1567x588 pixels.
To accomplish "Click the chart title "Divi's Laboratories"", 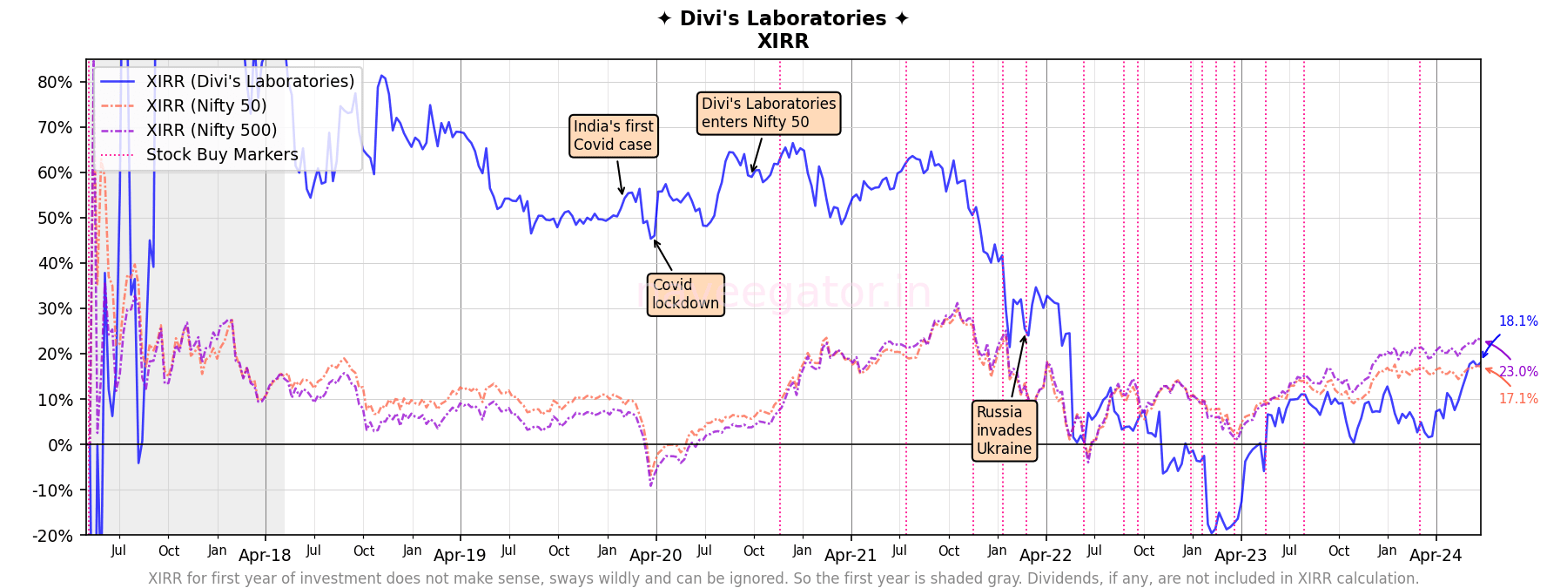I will (783, 18).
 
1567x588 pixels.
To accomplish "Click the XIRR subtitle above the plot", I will (783, 41).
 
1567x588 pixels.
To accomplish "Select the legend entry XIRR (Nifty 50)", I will (206, 105).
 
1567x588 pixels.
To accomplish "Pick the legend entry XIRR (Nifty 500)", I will (212, 130).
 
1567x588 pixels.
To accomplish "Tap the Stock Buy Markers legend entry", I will (222, 154).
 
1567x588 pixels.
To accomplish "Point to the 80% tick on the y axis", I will (55, 82).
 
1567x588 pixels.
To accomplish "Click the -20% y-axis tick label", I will (52, 536).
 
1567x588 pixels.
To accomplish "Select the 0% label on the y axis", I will (60, 445).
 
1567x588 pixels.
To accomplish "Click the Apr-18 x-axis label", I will (265, 556).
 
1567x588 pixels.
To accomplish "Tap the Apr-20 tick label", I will (656, 556).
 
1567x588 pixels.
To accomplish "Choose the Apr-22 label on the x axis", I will (1046, 556).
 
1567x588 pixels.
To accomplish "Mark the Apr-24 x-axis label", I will (1436, 556).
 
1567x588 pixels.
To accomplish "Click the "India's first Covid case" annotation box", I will (613, 136).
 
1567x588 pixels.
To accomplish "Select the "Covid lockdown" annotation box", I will (685, 294).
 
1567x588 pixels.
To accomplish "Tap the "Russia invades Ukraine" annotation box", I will (1004, 430).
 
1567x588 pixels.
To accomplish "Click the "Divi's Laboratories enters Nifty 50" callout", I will (769, 113).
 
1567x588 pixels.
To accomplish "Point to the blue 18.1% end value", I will (1517, 321).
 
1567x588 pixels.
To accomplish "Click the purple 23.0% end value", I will (1518, 372).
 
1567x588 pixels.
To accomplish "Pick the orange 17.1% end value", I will (1518, 399).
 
